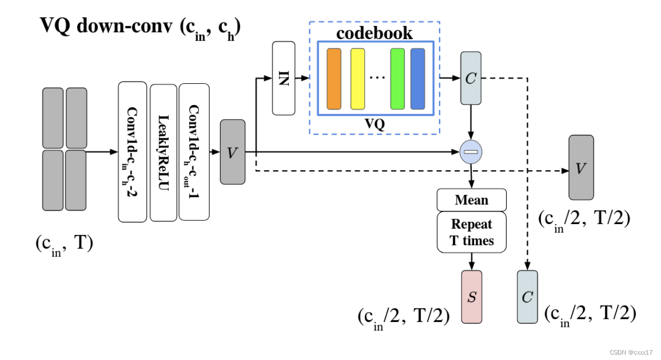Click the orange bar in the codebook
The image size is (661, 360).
(334, 79)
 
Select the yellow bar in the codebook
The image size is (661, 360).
(357, 79)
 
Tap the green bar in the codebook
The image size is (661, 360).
(397, 79)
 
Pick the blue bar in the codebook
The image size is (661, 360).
(417, 79)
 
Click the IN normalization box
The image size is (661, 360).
(283, 78)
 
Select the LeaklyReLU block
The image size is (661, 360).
(163, 152)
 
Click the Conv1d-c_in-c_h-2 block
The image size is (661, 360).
(133, 152)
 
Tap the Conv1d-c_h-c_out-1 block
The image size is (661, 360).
(194, 152)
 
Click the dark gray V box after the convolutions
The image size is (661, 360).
(233, 152)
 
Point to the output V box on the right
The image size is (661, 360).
(581, 167)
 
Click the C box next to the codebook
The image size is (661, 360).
(470, 78)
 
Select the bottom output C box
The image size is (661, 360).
(527, 296)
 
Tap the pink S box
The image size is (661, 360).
(471, 296)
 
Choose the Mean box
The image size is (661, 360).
(471, 200)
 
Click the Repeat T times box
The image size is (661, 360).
(471, 232)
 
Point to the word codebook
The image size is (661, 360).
(374, 33)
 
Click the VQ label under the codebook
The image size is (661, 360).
(374, 124)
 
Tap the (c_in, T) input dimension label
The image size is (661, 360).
(64, 243)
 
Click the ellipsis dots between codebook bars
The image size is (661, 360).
(377, 78)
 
